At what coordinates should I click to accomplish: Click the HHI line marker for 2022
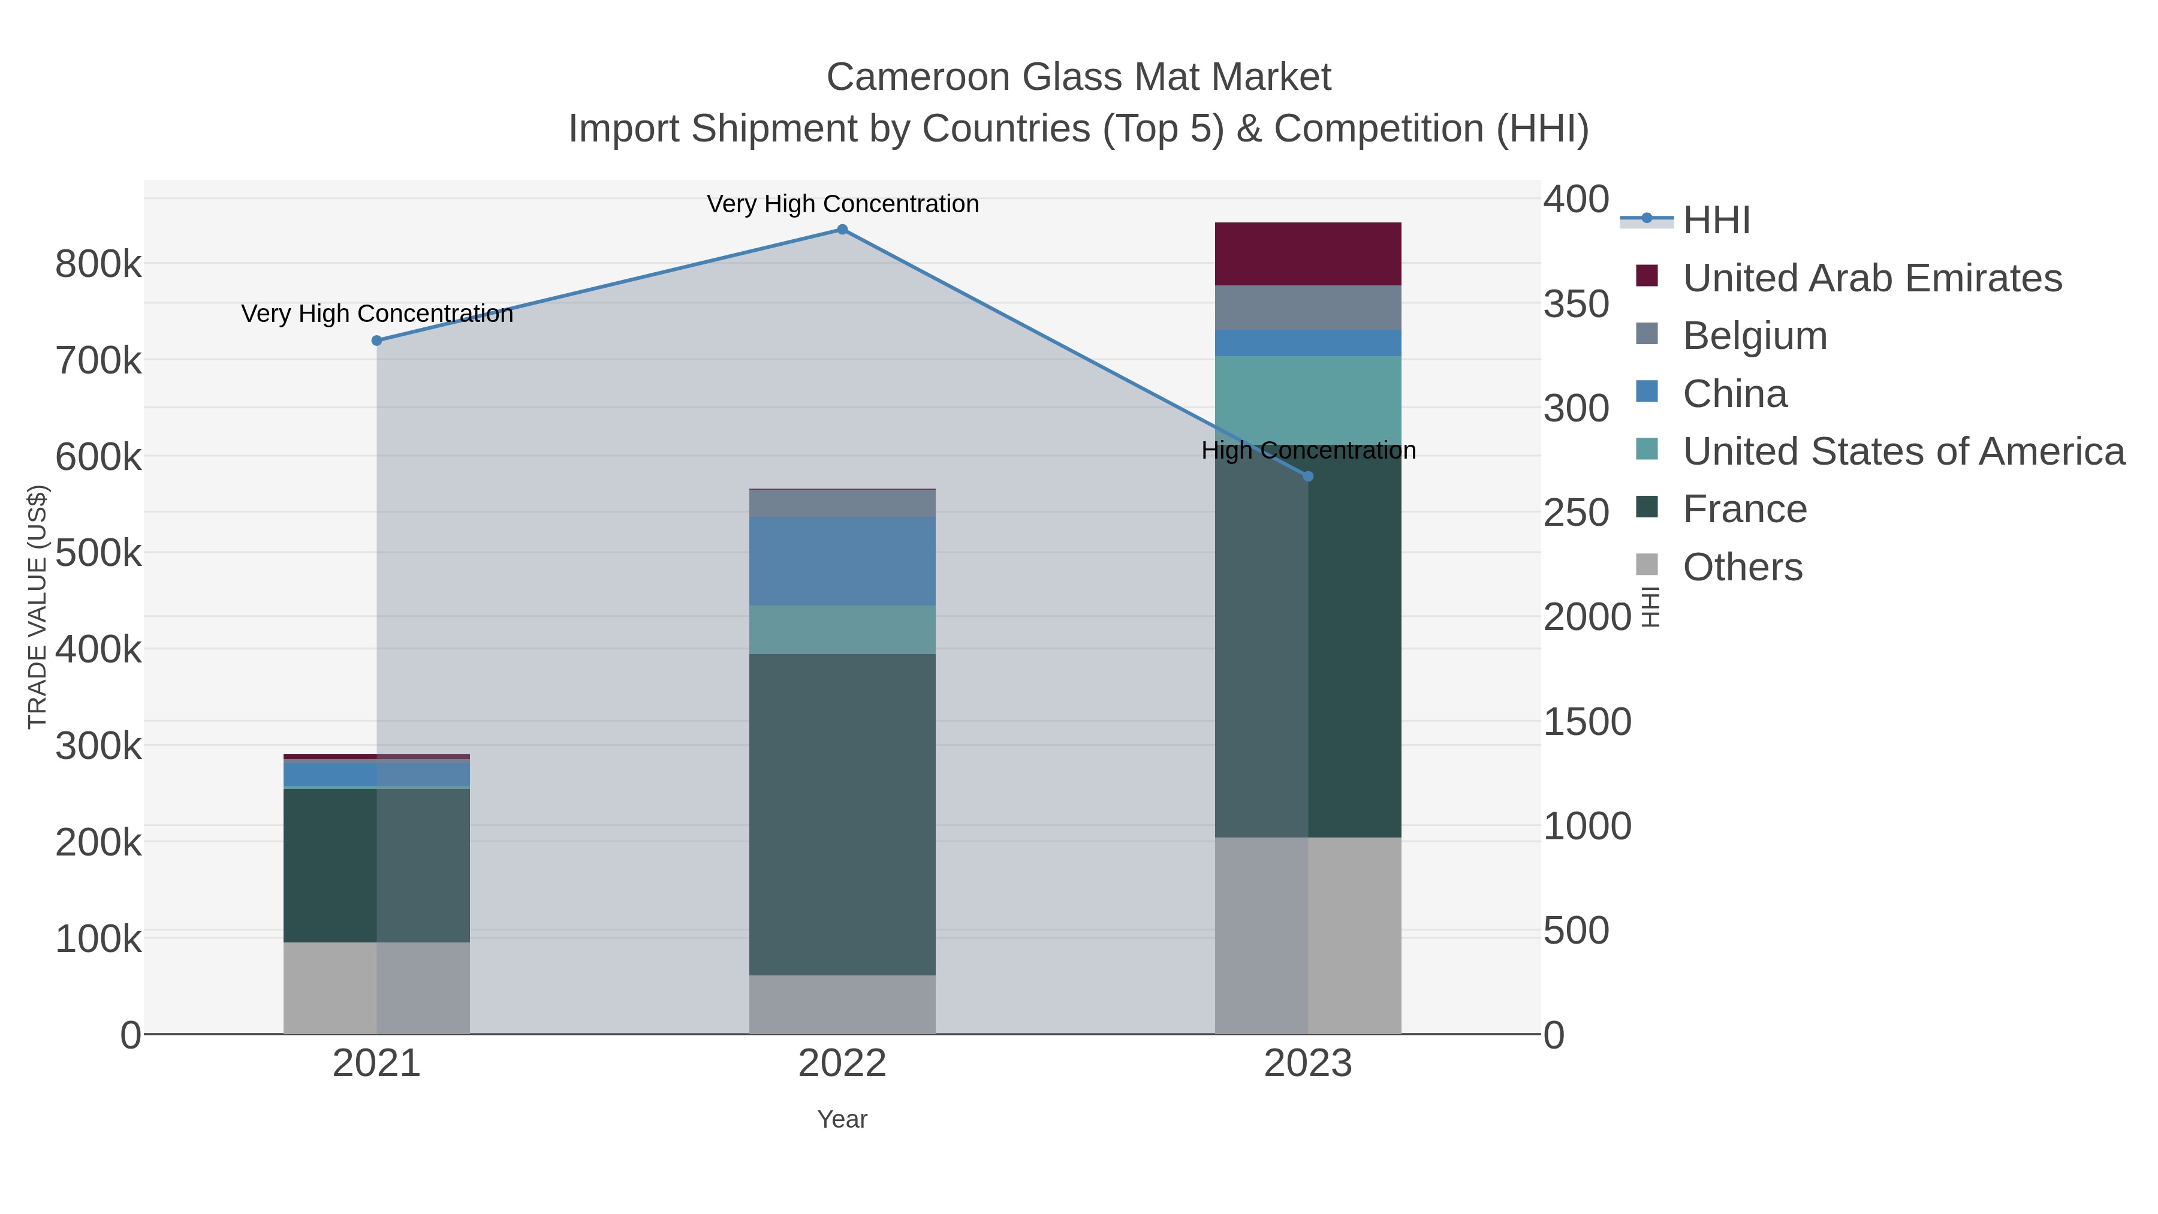[x=842, y=230]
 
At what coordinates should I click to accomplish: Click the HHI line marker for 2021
[x=376, y=340]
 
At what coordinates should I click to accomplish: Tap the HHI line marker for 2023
[x=1309, y=477]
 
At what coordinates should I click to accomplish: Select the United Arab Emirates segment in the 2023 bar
[x=1308, y=254]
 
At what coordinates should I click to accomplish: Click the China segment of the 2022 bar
[x=842, y=561]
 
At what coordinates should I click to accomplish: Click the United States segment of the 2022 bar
[x=842, y=629]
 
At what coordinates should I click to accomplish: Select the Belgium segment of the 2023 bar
[x=1308, y=308]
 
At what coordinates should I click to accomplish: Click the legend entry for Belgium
[x=1754, y=336]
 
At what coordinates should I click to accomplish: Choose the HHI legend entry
[x=1716, y=221]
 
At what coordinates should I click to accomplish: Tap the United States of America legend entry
[x=1903, y=451]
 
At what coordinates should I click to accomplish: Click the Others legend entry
[x=1741, y=567]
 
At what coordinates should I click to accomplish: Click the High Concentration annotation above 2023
[x=1309, y=451]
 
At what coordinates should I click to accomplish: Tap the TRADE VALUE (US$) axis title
[x=38, y=607]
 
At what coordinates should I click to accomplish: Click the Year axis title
[x=842, y=1119]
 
